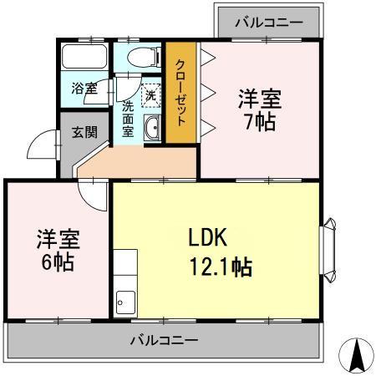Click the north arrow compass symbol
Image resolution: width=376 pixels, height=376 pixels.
pos(357,357)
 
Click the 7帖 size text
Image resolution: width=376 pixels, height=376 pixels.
pos(260,123)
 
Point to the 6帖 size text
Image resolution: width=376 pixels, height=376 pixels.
pos(57,263)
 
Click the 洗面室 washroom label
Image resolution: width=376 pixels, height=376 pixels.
pos(129,119)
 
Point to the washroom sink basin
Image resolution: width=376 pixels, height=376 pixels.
pos(153,128)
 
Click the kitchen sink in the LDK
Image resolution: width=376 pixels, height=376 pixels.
pos(124,299)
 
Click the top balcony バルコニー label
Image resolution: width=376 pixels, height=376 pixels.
pos(268,20)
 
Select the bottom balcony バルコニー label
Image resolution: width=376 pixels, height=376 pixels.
pos(164,341)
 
